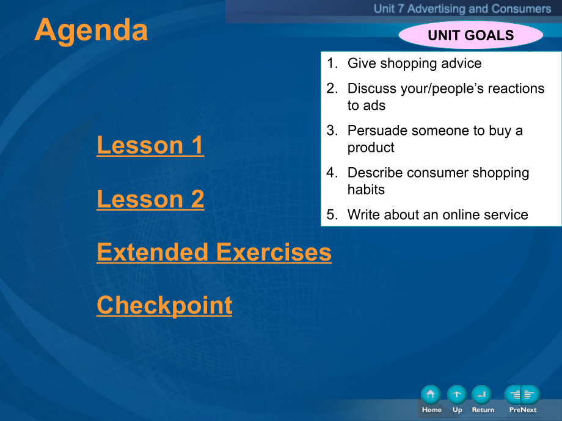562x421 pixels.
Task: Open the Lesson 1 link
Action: [150, 145]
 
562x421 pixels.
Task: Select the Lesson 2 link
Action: [150, 199]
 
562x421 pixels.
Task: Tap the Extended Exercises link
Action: [214, 252]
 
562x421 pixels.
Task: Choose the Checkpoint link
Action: [164, 306]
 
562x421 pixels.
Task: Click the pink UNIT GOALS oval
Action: [470, 35]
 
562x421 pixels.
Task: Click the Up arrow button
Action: [457, 395]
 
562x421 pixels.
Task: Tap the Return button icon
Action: [482, 395]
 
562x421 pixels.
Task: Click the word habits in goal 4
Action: [366, 189]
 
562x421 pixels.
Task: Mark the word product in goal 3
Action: [371, 148]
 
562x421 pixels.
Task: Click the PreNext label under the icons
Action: [523, 410]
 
